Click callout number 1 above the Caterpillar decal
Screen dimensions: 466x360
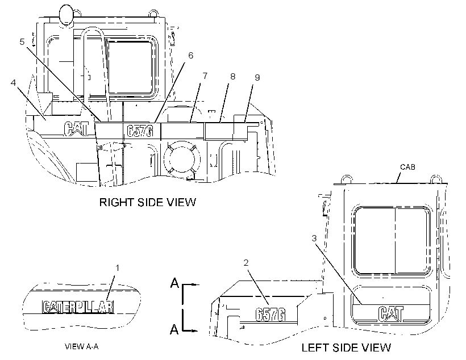118,268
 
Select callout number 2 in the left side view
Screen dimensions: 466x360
246,262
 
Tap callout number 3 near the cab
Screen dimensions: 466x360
314,238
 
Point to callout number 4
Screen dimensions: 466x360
14,82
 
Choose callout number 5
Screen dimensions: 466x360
22,41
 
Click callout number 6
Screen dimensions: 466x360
190,55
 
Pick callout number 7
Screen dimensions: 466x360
205,76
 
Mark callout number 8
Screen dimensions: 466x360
232,76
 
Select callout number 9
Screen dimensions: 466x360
257,77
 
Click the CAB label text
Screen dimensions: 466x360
407,167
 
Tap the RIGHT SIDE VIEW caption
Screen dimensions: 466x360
148,202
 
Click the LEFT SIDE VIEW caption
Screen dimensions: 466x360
346,348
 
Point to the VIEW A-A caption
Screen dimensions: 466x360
82,346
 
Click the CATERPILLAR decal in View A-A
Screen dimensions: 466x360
78,307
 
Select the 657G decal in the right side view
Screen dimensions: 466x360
140,131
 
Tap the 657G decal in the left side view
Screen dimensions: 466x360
271,314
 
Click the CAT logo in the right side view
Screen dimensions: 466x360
76,129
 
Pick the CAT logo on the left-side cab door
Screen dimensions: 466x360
391,313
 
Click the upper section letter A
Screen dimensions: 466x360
174,283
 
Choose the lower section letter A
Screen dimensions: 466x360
174,329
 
